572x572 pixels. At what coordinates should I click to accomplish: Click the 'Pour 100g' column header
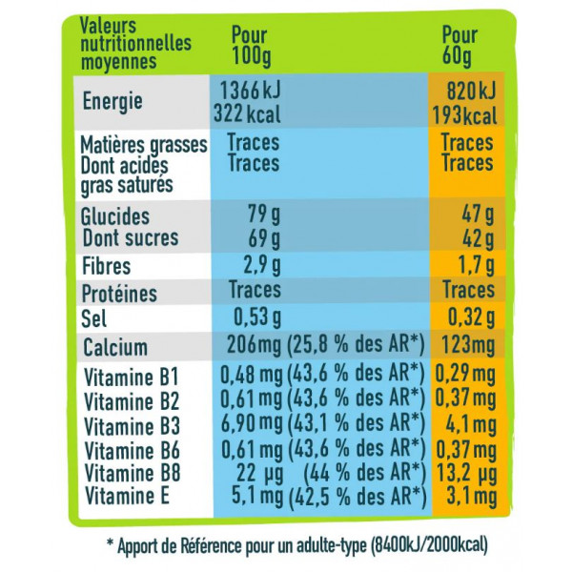coord(249,42)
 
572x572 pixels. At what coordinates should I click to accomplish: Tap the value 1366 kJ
coord(250,89)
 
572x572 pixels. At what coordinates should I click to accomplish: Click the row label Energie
coord(112,99)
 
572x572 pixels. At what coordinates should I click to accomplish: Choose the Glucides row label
coord(115,216)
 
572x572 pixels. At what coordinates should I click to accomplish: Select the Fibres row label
coord(106,266)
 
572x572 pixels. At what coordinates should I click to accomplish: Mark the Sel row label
coord(96,317)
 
